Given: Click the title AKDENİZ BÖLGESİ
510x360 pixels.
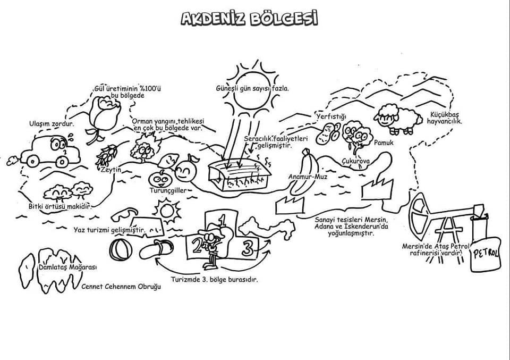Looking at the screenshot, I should [x=249, y=19].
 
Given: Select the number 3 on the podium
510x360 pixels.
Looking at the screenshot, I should [x=248, y=247].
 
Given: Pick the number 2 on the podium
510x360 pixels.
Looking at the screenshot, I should [x=197, y=246].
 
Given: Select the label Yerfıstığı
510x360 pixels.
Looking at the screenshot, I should [x=331, y=116].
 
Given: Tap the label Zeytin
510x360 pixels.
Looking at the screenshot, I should [x=111, y=170].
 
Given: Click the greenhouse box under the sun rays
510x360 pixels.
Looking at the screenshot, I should [x=239, y=175].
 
